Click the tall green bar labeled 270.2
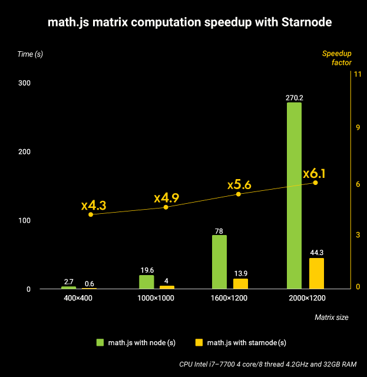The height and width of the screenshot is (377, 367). (294, 195)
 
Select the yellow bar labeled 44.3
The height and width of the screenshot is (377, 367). (317, 273)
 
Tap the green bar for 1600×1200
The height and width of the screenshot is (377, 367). (219, 262)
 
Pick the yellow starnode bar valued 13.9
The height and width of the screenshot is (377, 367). (240, 283)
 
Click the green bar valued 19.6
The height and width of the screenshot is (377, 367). (147, 282)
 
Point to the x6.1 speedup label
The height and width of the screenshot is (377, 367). (315, 174)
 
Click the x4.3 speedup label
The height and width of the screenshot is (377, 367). (94, 205)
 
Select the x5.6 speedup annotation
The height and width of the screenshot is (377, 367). (239, 184)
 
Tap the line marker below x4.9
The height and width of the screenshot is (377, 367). (166, 207)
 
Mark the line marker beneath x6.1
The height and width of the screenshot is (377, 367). (315, 183)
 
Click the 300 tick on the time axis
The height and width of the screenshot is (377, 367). (24, 83)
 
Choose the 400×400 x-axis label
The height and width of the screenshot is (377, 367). (78, 299)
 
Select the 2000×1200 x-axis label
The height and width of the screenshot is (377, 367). (307, 299)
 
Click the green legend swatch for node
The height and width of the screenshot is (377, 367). (100, 342)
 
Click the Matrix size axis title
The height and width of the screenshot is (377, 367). (331, 317)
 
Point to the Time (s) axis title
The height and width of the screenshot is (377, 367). (30, 54)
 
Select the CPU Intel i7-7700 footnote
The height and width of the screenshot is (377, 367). (269, 364)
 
